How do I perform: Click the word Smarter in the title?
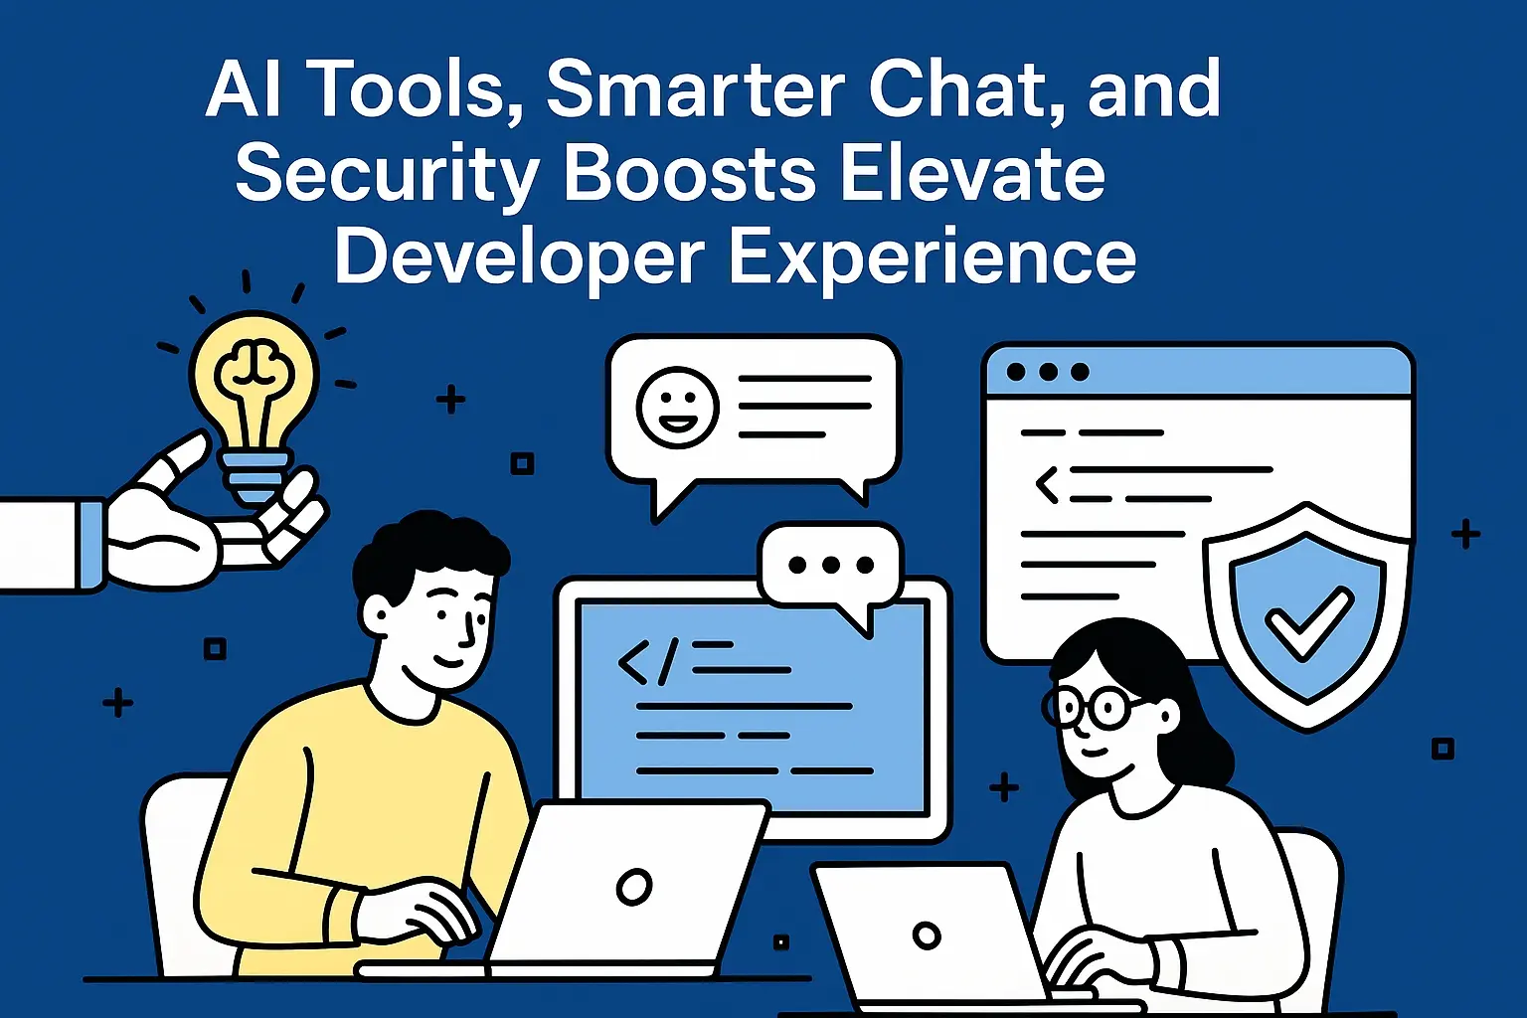[695, 88]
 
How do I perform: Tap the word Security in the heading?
[388, 175]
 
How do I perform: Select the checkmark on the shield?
[1307, 620]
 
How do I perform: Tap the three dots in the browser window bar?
[1048, 372]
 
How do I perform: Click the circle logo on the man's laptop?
[633, 886]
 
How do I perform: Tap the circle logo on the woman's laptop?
[927, 935]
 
